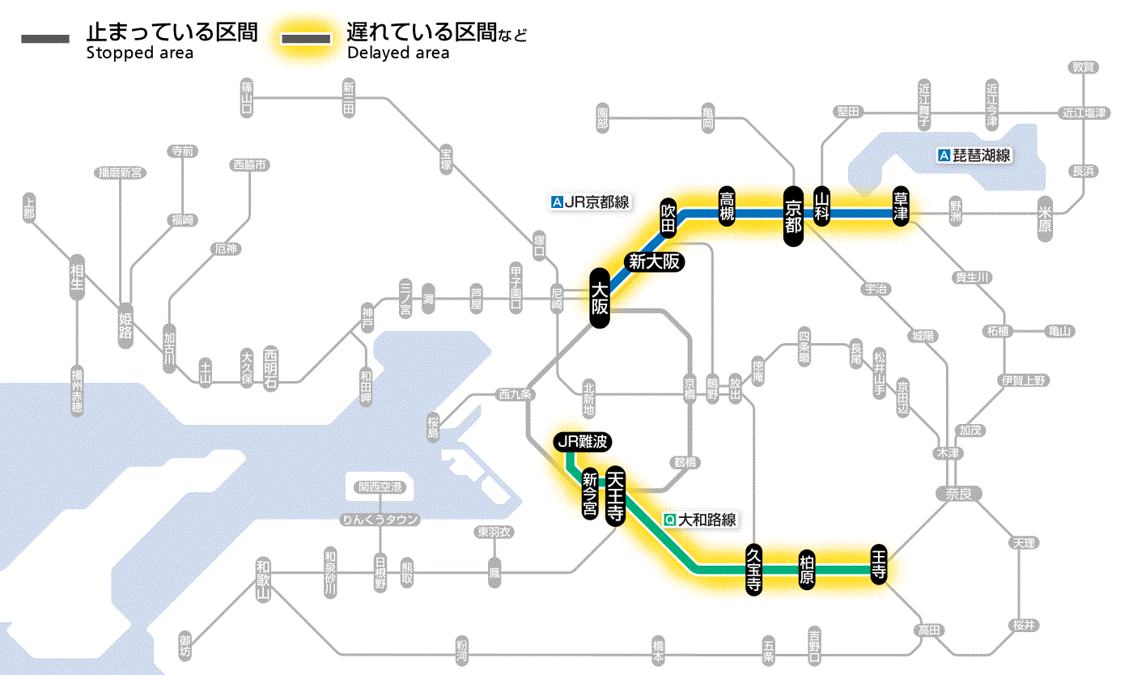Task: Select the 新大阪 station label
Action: coord(653,261)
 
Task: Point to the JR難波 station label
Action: coord(583,442)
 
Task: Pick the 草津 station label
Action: coord(901,207)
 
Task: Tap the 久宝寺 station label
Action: coord(753,571)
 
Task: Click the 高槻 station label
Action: coord(727,207)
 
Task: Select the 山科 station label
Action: coord(823,208)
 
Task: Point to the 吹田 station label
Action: coord(668,217)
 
